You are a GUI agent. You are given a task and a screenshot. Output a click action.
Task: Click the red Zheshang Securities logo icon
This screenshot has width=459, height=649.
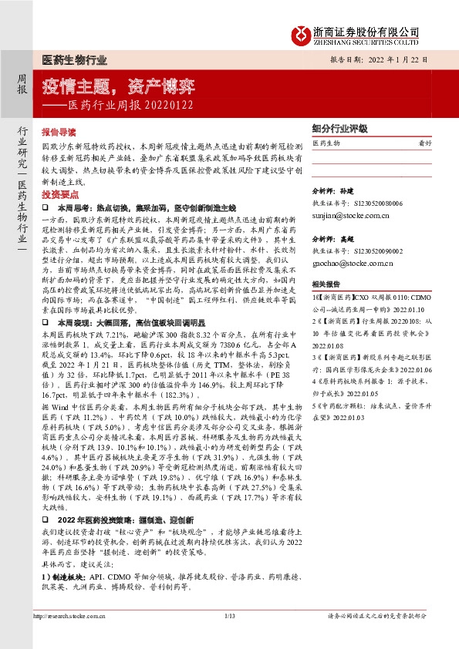(300, 33)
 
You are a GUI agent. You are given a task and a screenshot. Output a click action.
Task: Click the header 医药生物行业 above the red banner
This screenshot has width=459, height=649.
(73, 60)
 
